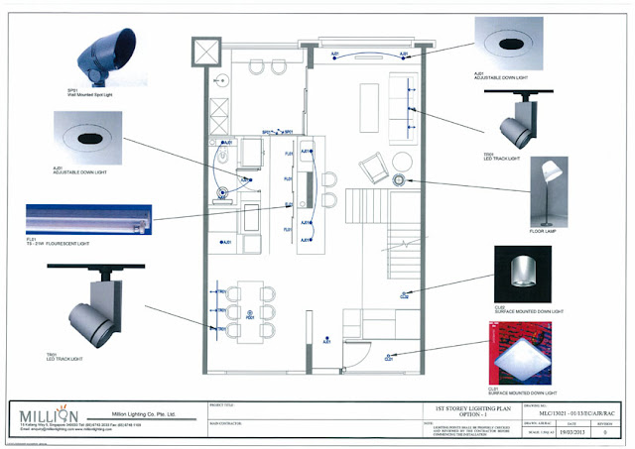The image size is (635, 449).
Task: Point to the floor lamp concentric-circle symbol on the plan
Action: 399,179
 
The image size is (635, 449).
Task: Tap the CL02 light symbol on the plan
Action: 404,294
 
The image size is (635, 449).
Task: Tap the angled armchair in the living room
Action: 375,169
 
